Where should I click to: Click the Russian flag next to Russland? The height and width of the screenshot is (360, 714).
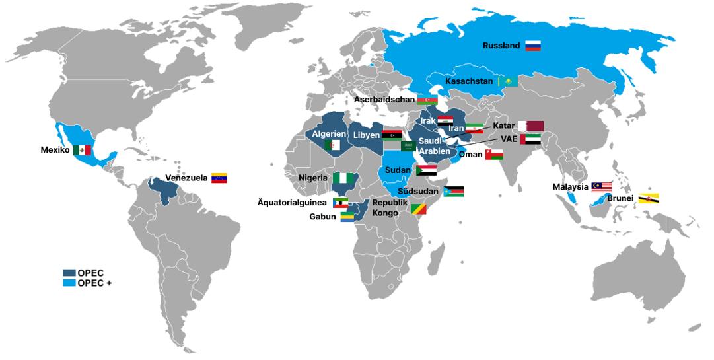[x=533, y=46]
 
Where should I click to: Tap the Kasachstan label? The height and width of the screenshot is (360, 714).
[x=469, y=81]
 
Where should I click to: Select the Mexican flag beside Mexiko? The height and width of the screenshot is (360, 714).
[x=82, y=150]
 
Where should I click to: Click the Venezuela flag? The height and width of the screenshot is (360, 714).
[x=219, y=178]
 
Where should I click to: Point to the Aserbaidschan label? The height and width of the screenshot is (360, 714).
[x=384, y=100]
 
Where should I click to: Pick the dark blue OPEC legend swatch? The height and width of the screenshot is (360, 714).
[x=69, y=273]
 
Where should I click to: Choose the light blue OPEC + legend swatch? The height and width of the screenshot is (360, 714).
[x=69, y=283]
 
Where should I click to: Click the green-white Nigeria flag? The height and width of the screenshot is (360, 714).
[x=342, y=178]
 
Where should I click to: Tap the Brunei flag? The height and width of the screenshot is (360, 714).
[x=649, y=198]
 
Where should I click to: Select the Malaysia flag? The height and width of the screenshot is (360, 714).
[x=602, y=187]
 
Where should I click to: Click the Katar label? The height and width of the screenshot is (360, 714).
[x=504, y=126]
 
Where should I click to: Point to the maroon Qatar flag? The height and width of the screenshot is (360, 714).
[x=530, y=126]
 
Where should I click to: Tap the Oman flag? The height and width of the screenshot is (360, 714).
[x=494, y=154]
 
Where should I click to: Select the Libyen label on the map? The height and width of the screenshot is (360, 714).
[x=367, y=135]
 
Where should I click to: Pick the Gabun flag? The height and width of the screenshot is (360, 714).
[x=347, y=217]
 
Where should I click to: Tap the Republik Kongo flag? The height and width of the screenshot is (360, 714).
[x=419, y=209]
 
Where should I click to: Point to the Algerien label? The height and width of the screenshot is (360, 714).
[x=330, y=134]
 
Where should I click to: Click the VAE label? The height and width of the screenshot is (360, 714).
[x=509, y=139]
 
